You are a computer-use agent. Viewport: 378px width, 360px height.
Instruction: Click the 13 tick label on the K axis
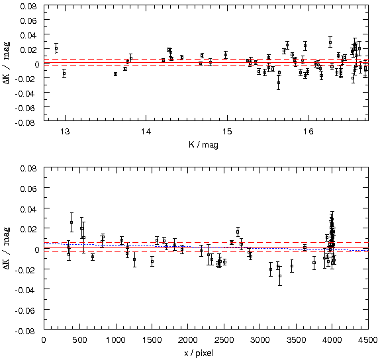point(65,132)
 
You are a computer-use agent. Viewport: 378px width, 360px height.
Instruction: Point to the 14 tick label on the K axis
point(146,132)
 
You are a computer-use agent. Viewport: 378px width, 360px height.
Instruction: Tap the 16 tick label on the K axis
point(308,132)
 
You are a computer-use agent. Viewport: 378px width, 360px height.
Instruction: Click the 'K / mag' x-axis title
point(203,144)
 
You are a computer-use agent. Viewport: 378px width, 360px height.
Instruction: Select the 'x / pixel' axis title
point(199,353)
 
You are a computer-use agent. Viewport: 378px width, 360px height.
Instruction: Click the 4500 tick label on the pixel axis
point(368,340)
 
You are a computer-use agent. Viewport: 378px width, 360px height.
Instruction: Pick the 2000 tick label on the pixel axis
point(188,340)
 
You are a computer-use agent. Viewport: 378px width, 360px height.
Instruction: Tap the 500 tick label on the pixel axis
point(80,340)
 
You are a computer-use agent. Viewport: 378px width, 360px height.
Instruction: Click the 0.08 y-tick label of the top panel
point(28,6)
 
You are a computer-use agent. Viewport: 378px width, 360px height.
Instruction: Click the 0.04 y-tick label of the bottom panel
point(28,208)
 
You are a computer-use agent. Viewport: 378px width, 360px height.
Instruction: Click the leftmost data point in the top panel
point(56,48)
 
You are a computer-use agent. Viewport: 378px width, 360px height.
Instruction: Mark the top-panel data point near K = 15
point(226,55)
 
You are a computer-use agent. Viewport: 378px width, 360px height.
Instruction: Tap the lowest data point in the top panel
point(279,83)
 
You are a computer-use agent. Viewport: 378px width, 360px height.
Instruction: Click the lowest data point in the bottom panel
point(280,276)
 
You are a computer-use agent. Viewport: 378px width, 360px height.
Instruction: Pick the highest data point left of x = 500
point(71,222)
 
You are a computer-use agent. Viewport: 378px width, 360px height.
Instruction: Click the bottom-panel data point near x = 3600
point(305,247)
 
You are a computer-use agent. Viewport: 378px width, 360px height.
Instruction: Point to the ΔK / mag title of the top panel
point(7,63)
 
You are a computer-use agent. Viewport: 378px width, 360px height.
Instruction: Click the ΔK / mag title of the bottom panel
point(7,248)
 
